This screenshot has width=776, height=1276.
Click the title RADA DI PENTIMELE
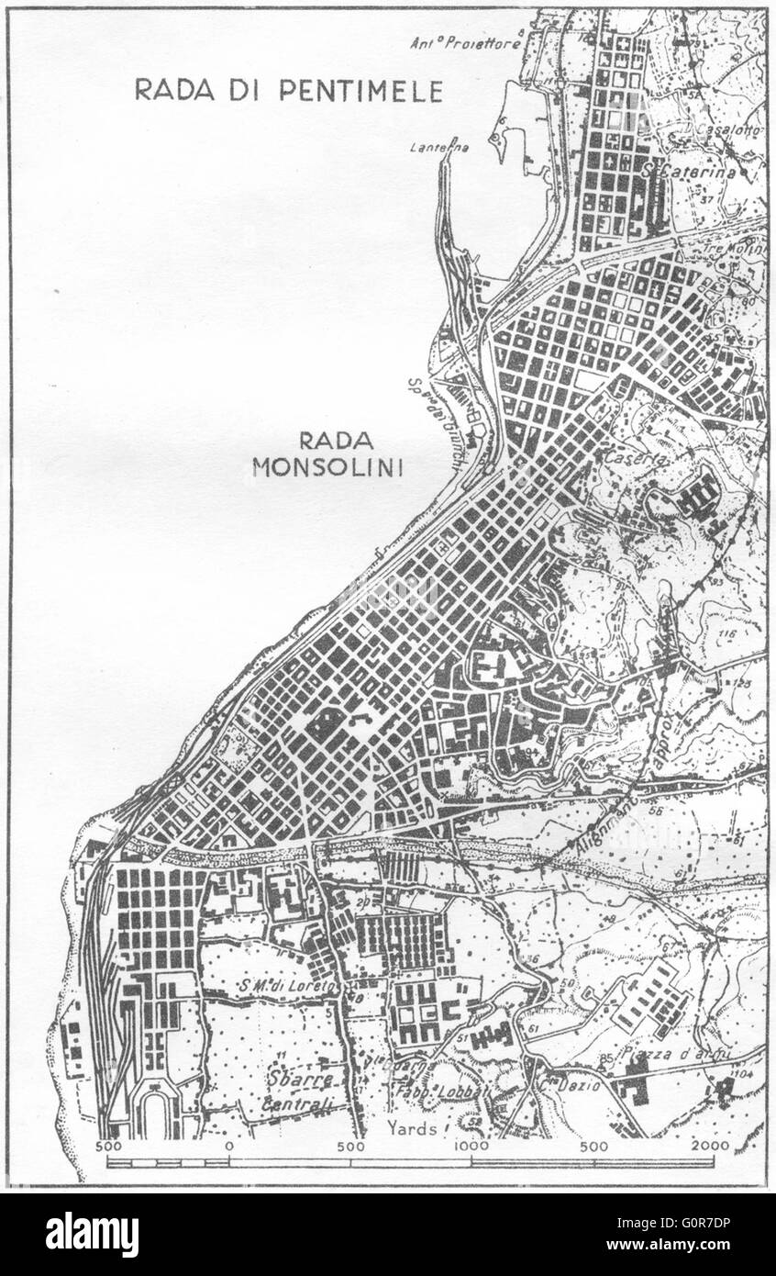coord(289,90)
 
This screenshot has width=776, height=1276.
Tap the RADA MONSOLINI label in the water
coord(327,454)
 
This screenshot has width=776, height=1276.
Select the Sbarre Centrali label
coord(298,1085)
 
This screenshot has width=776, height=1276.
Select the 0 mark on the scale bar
coord(228,1147)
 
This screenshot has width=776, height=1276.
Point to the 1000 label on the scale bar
coord(471,1147)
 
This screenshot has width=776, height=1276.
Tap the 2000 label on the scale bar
coord(711,1147)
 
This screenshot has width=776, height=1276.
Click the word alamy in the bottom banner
coord(92,1235)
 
